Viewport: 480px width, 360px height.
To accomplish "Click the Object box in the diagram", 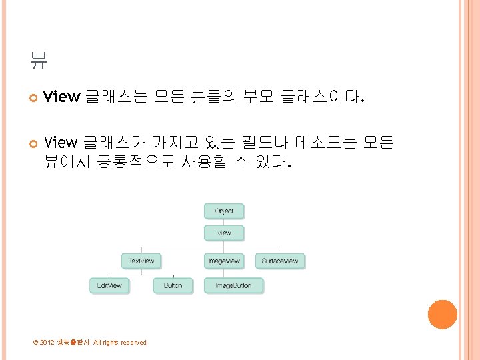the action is [x=224, y=211].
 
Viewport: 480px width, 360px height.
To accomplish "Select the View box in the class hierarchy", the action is [x=224, y=233].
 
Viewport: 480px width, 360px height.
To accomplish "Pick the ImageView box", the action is [x=224, y=261].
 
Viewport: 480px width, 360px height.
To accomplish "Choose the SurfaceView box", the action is [x=281, y=261].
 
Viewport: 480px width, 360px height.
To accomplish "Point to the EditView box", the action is [x=109, y=285].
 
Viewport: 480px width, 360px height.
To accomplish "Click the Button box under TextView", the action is [x=172, y=285].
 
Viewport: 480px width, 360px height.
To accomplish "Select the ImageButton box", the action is [x=233, y=285].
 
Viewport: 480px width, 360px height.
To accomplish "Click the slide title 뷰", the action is [x=38, y=62].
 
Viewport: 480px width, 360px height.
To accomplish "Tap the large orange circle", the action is [x=442, y=314].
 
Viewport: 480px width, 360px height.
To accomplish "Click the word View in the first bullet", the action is [x=61, y=97].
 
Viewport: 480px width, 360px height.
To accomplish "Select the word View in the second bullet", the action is [x=60, y=142].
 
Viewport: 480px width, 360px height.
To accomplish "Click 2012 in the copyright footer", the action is [x=47, y=343].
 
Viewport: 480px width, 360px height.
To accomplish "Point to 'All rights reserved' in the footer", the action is [x=120, y=343].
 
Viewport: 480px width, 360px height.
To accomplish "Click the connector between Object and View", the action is [x=224, y=222].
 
